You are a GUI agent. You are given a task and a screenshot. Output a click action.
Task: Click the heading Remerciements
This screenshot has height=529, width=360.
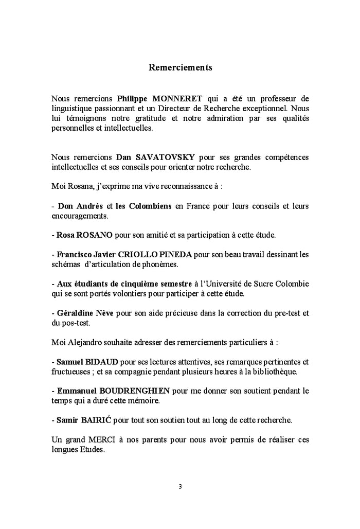[180, 67]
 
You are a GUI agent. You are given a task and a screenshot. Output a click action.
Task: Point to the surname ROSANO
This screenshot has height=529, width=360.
[95, 235]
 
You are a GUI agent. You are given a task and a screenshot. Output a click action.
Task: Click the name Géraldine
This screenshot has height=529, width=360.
[76, 313]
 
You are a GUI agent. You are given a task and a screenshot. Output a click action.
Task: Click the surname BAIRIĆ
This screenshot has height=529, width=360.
[96, 419]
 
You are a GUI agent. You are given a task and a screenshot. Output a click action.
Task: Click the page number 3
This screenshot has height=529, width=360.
[180, 487]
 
